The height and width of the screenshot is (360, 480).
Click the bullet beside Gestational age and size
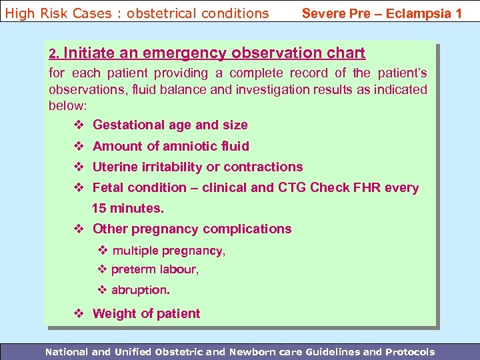79,125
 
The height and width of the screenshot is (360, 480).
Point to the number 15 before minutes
99,208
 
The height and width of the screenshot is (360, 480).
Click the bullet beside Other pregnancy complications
79,229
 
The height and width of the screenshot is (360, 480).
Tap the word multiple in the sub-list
137,251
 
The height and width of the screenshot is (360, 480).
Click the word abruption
140,290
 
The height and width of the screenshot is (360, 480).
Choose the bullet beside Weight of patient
79,313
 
